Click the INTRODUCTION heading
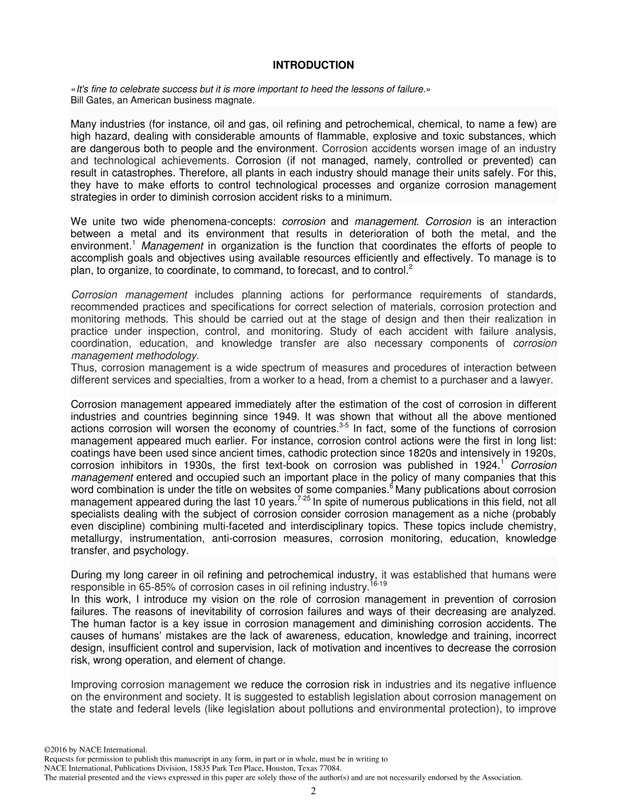coord(313,65)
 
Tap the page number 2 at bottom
coord(313,792)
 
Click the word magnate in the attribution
coord(234,100)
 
